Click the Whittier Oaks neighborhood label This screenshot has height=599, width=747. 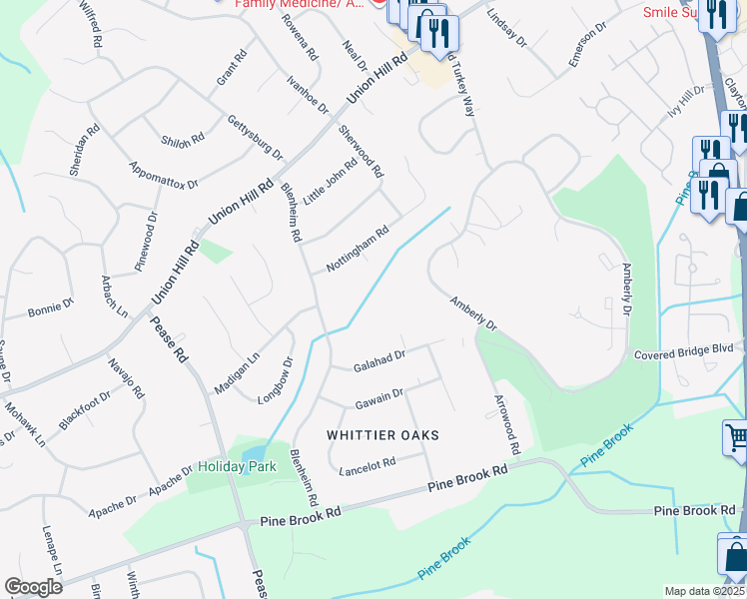point(383,435)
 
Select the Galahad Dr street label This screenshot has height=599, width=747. point(379,360)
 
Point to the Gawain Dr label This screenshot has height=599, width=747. point(378,398)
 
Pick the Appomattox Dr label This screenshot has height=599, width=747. point(163,174)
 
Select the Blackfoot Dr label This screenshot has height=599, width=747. point(84,409)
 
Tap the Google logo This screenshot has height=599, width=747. point(33,587)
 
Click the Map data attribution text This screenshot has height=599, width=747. point(705,591)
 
